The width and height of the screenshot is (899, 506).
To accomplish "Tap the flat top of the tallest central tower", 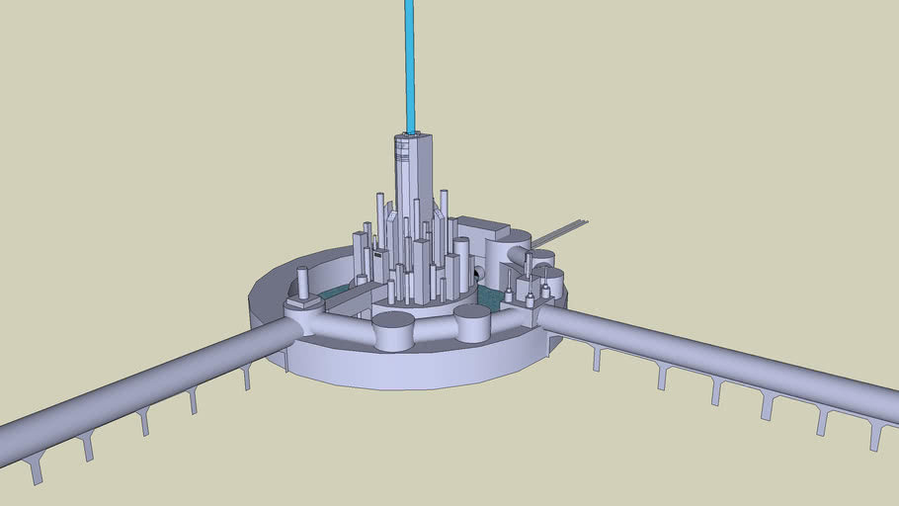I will click(x=413, y=135).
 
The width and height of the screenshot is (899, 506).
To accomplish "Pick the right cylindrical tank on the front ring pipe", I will click(x=472, y=322).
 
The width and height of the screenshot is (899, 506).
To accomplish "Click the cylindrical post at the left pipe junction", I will click(x=302, y=286).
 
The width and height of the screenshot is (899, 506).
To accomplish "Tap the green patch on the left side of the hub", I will click(x=336, y=294).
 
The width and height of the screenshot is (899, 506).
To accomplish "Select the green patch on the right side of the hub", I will click(x=488, y=295).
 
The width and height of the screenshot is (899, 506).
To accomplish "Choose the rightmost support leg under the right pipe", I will click(x=875, y=436).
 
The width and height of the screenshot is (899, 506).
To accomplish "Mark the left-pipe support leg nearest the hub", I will click(x=246, y=376).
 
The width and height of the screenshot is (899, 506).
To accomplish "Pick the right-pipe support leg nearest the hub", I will click(x=596, y=358).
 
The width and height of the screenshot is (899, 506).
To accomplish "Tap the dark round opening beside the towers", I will click(x=479, y=273).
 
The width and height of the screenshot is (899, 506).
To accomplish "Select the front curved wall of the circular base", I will click(x=415, y=370).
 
